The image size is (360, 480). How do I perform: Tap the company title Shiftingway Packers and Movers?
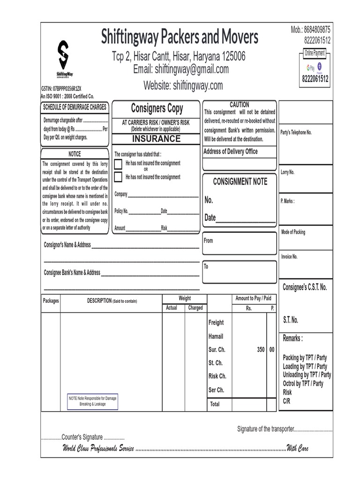coord(180,37)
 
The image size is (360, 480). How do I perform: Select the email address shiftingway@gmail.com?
coord(181,69)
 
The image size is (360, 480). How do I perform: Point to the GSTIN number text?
coord(61,88)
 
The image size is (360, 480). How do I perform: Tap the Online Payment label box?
coord(315,53)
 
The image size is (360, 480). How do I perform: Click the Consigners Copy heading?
coord(157,109)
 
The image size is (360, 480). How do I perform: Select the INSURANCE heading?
coord(156,139)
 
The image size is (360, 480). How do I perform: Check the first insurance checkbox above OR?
coord(118,164)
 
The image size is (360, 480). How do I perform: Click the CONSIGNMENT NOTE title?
coord(240,181)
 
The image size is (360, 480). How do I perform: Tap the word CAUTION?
coord(240,105)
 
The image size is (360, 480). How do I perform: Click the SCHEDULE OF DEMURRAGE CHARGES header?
coord(75,107)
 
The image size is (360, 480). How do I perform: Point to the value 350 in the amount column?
coord(261,350)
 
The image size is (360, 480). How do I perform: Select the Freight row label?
coord(216,322)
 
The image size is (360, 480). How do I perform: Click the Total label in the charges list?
coord(215,404)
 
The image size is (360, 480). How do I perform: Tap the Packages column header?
coord(51,301)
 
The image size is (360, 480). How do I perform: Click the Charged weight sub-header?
coord(195,308)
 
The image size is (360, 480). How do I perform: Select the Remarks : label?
coord(293,338)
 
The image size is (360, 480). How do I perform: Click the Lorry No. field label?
coord(287,172)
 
